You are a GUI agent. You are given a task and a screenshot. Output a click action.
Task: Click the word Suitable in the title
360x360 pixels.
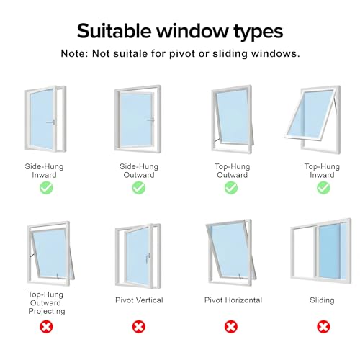coord(114,31)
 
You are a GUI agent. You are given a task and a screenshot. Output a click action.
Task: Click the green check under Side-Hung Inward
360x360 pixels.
coord(46,188)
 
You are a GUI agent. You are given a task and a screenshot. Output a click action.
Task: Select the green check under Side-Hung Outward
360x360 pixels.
coord(139,188)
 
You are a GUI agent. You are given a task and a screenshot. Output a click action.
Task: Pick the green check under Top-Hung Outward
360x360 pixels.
coord(231,188)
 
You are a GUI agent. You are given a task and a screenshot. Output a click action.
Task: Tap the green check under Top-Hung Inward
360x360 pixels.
coord(323,188)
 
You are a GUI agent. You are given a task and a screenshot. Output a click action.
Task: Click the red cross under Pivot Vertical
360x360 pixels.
coord(139,327)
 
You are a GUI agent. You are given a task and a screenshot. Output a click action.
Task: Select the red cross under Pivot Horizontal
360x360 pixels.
coord(231,327)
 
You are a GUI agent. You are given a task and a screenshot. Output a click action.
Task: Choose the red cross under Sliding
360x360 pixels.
coord(323,327)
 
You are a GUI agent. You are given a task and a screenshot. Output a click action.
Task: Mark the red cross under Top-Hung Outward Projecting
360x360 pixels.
coord(46,327)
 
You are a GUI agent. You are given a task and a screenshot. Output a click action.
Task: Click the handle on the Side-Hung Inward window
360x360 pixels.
coord(51,122)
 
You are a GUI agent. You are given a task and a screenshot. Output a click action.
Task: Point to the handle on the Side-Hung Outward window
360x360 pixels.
coord(151,120)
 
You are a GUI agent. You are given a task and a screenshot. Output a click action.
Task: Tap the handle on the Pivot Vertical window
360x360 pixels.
coord(148,258)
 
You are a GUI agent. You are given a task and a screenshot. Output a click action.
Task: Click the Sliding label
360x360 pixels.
coord(322,300)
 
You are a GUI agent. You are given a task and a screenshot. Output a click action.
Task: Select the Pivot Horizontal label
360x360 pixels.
coord(233,300)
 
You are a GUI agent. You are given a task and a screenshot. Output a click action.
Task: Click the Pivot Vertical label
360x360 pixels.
coord(139,300)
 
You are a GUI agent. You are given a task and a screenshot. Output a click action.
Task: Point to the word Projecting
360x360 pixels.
coord(47,311)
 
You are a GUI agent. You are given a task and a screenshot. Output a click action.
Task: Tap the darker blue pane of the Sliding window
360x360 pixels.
coord(330,251)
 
